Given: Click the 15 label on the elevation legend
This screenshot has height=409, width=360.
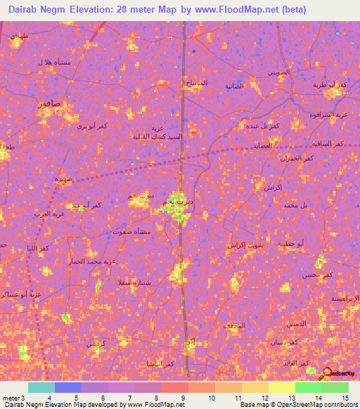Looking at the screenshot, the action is coord(346,398).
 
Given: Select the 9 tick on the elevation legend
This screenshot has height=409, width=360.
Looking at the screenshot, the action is coord(184,398).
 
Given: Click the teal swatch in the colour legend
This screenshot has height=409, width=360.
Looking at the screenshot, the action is coord(41,387).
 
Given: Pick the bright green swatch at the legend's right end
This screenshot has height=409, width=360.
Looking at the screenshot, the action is coord(335,387).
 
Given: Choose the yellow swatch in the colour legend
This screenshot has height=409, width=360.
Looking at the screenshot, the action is coord(281,387).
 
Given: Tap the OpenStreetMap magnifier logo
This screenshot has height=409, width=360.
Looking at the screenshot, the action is coord(328,373).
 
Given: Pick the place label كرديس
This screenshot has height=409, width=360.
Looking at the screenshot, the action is coord(94,344).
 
